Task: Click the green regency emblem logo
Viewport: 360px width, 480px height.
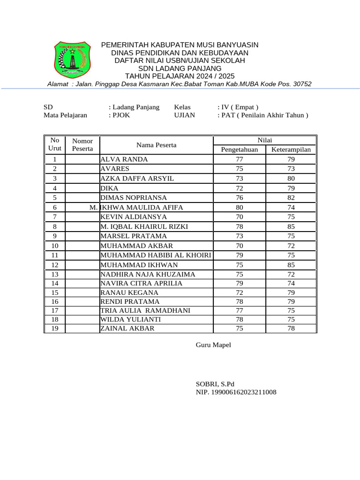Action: pos(71,60)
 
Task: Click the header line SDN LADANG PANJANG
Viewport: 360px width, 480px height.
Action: pos(180,68)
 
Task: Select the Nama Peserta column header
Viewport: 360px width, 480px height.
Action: pos(156,145)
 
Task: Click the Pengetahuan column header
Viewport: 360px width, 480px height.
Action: pos(239,150)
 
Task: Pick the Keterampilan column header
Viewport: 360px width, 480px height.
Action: pos(291,150)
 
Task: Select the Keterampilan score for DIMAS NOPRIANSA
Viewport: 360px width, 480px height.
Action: pos(291,198)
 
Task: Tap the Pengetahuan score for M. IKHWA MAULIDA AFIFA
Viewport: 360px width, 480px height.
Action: pos(239,207)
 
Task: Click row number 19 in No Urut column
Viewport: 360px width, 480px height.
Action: pos(55,329)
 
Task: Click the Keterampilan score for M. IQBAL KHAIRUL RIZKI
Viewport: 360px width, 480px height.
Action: pos(291,226)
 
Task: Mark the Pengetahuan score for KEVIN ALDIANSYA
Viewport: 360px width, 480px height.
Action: pos(239,217)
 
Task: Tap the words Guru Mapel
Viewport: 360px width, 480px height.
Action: pos(213,345)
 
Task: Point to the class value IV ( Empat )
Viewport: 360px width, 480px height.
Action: pos(238,107)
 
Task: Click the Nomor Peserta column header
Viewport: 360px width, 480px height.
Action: pos(82,145)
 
